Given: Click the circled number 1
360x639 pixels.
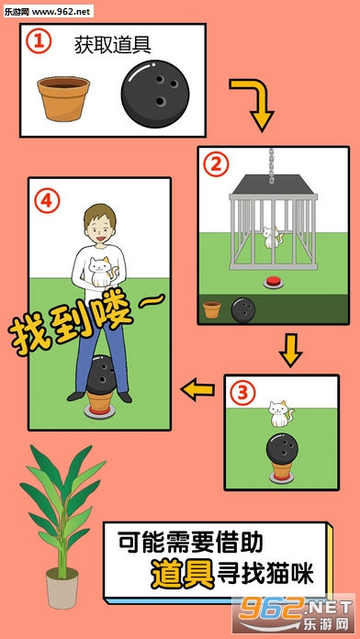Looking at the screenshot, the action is click(x=39, y=42).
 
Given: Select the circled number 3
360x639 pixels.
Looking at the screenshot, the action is click(x=242, y=393).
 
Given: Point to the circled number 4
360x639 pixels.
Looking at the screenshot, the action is click(x=47, y=201).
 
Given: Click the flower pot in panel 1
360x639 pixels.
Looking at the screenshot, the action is click(x=63, y=98).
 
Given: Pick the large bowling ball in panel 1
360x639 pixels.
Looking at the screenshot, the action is click(x=155, y=95).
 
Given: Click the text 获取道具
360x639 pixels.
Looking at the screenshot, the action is click(x=113, y=45).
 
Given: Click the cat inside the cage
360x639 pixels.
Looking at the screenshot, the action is click(x=271, y=238).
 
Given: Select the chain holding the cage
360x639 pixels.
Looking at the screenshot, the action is click(x=272, y=164).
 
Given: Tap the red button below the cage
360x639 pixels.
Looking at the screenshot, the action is click(x=274, y=282).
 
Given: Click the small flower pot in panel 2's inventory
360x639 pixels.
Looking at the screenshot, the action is click(x=212, y=309).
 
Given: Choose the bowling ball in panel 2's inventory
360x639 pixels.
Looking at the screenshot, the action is click(x=243, y=309).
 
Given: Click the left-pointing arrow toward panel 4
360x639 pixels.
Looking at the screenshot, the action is click(x=197, y=389).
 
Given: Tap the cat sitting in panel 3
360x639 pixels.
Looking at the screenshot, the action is click(x=280, y=414).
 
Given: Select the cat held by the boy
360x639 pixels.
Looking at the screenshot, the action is click(x=101, y=272).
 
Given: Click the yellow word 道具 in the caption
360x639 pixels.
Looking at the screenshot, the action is click(x=183, y=574).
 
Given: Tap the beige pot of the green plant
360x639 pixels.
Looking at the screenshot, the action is click(x=62, y=589).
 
